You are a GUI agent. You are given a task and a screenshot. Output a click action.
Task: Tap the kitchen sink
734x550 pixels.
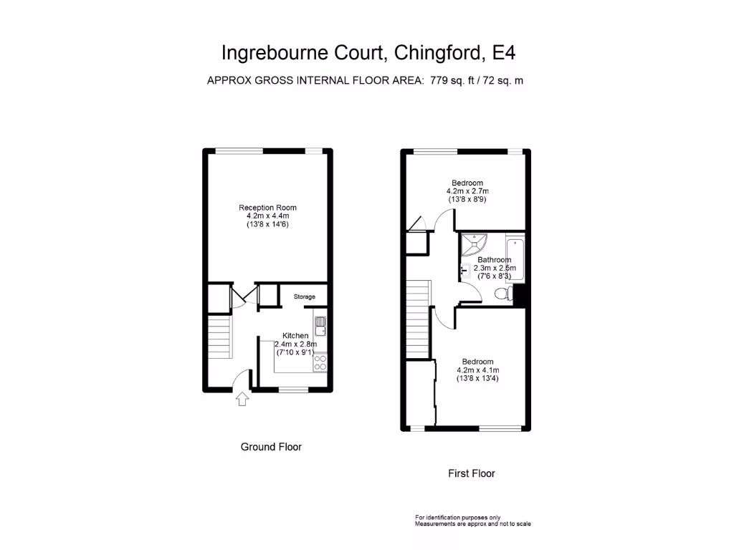320,327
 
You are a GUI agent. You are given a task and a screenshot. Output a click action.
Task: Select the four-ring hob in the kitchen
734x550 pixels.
320,362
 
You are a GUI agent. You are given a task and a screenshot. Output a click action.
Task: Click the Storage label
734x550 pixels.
304,296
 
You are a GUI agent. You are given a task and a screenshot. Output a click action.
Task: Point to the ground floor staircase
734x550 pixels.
220,339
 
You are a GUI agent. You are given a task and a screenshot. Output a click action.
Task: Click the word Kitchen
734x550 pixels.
295,335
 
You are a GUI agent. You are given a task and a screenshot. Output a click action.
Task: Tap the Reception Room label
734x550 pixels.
267,208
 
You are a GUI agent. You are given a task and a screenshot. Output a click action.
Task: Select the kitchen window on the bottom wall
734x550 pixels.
292,390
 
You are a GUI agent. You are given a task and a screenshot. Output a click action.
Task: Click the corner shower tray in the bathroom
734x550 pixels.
472,245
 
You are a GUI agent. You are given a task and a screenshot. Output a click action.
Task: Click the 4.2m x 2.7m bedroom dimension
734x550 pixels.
467,192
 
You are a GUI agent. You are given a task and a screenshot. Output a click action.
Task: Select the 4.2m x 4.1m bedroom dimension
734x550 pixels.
477,370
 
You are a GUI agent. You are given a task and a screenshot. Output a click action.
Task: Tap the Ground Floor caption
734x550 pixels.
271,447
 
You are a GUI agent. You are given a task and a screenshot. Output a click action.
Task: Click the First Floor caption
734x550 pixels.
471,473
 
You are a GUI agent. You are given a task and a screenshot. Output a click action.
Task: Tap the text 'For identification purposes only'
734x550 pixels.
457,517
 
